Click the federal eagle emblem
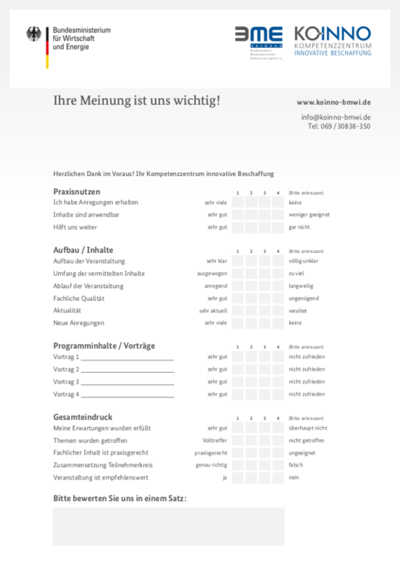point(33,35)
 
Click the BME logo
point(258,38)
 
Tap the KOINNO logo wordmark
point(333,34)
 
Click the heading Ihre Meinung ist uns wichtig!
point(137,101)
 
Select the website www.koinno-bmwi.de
point(333,102)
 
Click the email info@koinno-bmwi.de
point(336,117)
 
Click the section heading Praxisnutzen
point(77,191)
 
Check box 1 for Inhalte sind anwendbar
point(238,215)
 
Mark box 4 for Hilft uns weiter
point(278,227)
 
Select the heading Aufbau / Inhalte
point(83,249)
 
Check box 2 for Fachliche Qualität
point(251,298)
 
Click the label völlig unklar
point(303,261)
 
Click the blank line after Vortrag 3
point(127,383)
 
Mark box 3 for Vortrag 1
point(265,357)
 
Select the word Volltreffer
point(215,441)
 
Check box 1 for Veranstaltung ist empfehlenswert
point(238,478)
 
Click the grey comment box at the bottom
point(168,526)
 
